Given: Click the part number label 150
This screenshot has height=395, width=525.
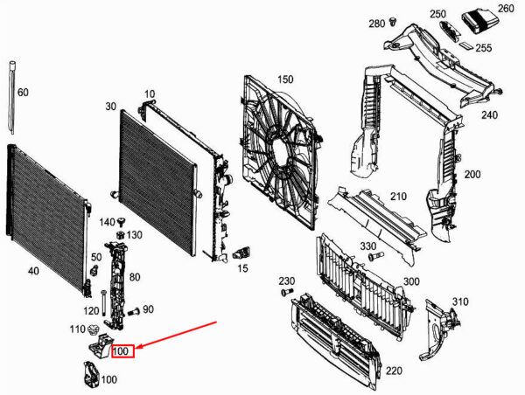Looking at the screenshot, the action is (x=285, y=80).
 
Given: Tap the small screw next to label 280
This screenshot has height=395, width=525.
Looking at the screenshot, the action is (x=393, y=23).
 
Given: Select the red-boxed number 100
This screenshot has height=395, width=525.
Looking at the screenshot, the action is (x=122, y=351).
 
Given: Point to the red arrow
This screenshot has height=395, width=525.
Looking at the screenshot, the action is (x=177, y=335).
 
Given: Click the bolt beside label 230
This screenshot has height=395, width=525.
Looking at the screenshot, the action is (x=287, y=292).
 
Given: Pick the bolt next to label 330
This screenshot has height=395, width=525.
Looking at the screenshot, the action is (x=375, y=256).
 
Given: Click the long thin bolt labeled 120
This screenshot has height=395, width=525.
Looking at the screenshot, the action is (x=103, y=302).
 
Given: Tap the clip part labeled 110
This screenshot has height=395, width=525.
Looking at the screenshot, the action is (x=94, y=329).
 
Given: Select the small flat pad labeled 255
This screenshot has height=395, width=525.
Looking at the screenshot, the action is (x=465, y=45).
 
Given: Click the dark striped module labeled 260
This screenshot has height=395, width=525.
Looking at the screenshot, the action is (x=478, y=22).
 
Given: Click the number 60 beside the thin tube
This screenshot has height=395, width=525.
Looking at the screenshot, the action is (x=23, y=93).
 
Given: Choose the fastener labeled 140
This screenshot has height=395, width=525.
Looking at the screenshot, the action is (x=122, y=222).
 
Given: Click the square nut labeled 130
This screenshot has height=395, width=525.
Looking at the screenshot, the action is (x=121, y=235).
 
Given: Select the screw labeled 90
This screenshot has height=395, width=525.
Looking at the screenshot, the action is (x=134, y=312).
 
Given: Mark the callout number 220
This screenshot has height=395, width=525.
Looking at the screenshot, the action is (x=394, y=371).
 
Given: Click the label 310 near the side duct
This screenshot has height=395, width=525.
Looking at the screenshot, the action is (x=460, y=301).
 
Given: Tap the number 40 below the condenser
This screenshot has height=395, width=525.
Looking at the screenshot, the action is (x=33, y=271).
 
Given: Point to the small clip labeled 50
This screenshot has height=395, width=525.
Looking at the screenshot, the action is (x=94, y=270).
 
